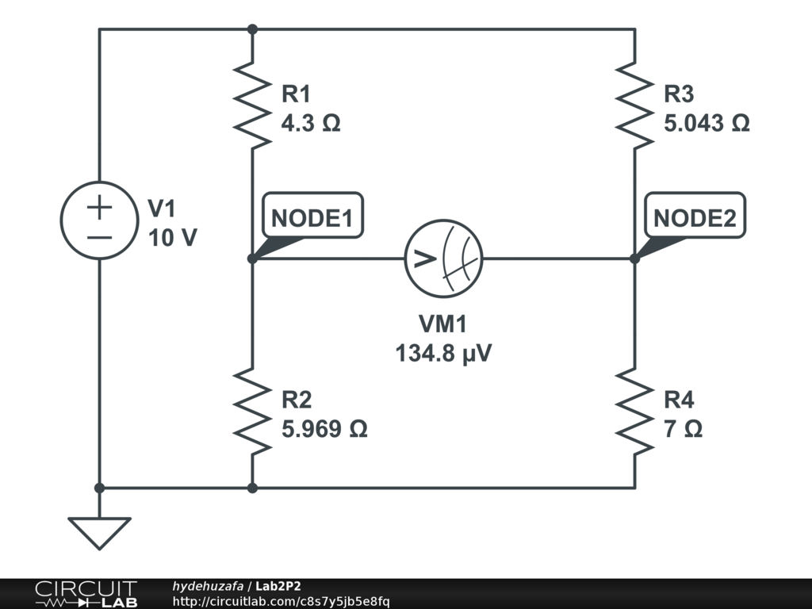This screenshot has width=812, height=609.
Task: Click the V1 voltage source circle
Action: [x=99, y=220]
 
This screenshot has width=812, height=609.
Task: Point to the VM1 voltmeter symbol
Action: [x=443, y=259]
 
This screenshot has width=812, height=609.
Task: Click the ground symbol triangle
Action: [x=99, y=532]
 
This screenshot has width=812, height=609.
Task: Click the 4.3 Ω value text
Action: [x=311, y=124]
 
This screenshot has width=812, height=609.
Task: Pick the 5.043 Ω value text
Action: [x=707, y=124]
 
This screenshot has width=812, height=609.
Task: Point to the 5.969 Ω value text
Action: [x=324, y=429]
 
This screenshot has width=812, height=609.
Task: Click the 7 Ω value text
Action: [x=683, y=429]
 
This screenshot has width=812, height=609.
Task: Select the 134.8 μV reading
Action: [x=443, y=353]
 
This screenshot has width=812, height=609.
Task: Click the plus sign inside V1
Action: [x=99, y=209]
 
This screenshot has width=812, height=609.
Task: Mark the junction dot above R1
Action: [x=252, y=29]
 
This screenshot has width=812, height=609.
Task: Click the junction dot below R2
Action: [x=252, y=488]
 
